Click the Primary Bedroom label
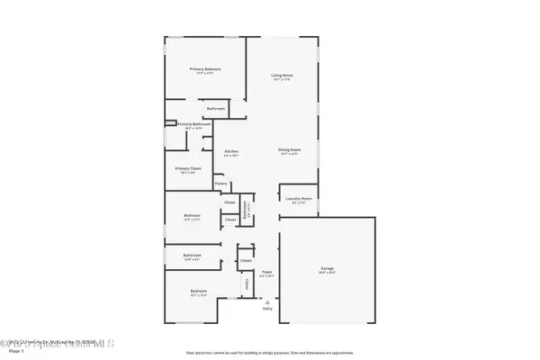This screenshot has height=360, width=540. click(x=204, y=69)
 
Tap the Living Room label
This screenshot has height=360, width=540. click(x=283, y=76)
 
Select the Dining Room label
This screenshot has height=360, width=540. click(x=288, y=149)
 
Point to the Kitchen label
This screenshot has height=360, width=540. click(x=231, y=151)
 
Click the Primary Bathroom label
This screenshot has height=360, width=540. click(x=193, y=124)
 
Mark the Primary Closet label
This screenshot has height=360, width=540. click(x=188, y=168)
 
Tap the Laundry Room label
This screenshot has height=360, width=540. click(x=300, y=198)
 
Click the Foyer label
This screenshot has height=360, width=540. click(x=266, y=271)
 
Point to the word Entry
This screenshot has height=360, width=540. click(x=267, y=309)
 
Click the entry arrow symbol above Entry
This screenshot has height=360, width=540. click(x=267, y=301)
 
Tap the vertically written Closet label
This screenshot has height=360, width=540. click(x=246, y=285)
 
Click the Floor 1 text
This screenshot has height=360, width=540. click(x=12, y=353)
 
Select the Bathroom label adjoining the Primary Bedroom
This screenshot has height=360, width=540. click(x=216, y=109)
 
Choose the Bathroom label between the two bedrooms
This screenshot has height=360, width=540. click(x=192, y=255)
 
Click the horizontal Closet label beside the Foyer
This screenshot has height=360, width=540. click(x=246, y=260)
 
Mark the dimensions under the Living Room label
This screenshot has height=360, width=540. click(x=283, y=80)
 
